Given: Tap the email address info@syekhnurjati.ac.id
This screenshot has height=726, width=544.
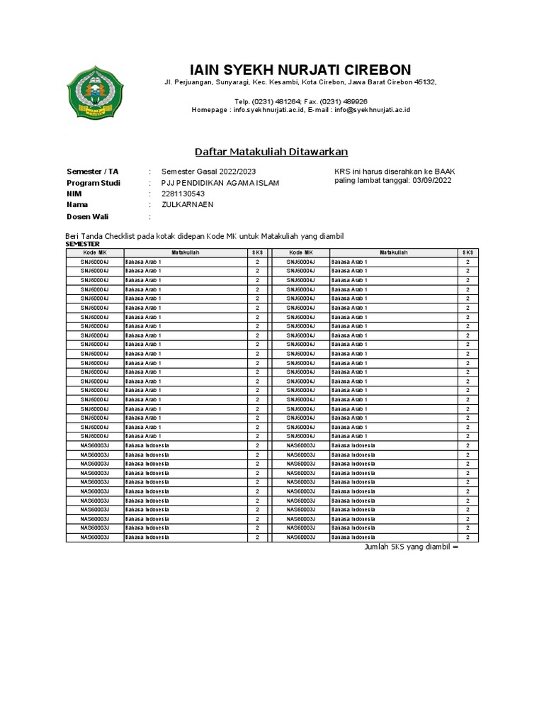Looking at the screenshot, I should pyautogui.click(x=374, y=110).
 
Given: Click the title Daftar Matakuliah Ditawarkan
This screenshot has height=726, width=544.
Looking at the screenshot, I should pyautogui.click(x=271, y=152).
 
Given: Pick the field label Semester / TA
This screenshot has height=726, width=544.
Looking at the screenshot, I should pyautogui.click(x=92, y=172).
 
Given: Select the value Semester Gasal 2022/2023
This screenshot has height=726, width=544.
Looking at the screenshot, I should pyautogui.click(x=209, y=172).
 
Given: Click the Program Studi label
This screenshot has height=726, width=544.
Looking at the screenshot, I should pyautogui.click(x=93, y=183).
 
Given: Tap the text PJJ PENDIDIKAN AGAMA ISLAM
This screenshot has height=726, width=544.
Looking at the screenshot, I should pyautogui.click(x=220, y=183).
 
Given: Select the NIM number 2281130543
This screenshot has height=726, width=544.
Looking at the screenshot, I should pyautogui.click(x=183, y=194).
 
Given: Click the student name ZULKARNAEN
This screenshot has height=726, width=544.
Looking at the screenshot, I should pyautogui.click(x=187, y=204).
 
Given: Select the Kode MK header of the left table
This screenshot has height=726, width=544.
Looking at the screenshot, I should pyautogui.click(x=94, y=252).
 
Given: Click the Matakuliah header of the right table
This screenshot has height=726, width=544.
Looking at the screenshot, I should pyautogui.click(x=393, y=252).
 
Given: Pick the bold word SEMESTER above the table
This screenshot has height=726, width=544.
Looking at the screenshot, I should pyautogui.click(x=83, y=243).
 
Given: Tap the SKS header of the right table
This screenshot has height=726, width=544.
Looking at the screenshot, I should pyautogui.click(x=467, y=252).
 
